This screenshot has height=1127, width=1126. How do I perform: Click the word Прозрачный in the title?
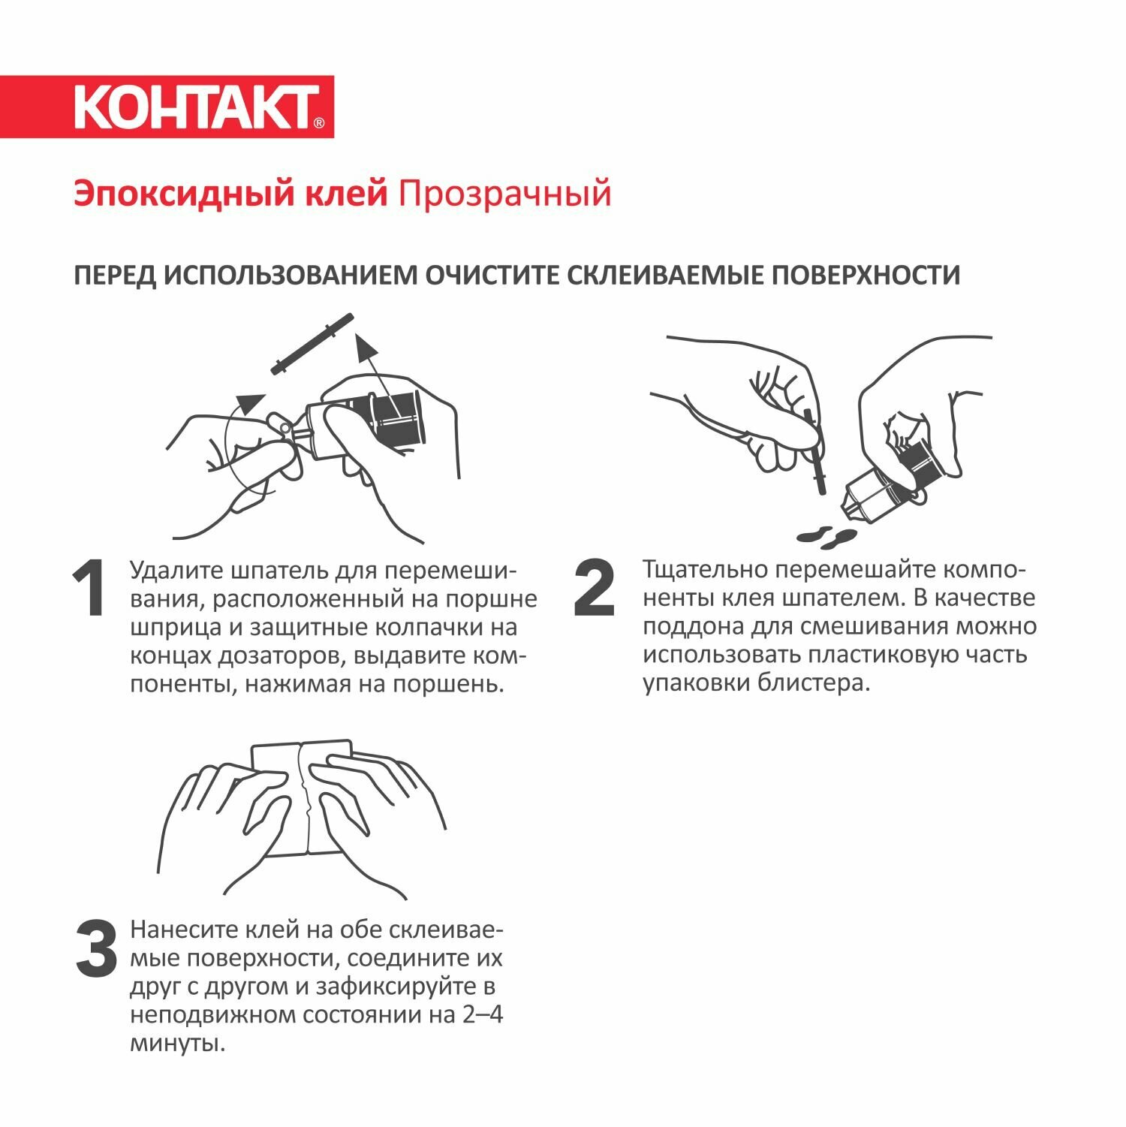coord(504,194)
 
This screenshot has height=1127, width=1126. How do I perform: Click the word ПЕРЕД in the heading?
coord(115,276)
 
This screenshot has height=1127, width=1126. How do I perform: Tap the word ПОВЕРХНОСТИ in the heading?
coord(866,276)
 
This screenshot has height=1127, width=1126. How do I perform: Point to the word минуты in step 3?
coord(177,1044)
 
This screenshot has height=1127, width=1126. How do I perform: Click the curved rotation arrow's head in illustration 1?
coord(250,403)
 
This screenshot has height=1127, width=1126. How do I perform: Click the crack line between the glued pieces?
coord(303,798)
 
